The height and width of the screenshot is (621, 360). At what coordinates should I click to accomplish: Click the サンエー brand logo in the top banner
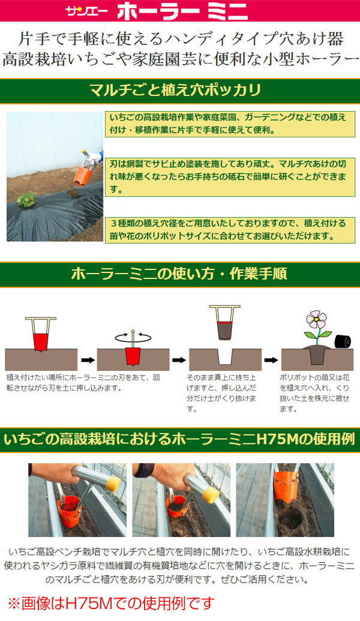87,11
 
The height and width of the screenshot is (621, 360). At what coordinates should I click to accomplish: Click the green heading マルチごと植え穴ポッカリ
175,90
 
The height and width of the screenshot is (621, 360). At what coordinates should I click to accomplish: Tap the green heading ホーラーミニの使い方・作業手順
179,274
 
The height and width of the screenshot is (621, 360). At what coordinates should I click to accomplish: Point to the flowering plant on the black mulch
27,199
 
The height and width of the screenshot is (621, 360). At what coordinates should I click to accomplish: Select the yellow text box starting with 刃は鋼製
230,176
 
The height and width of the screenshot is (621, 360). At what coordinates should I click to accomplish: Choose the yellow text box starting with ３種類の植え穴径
230,230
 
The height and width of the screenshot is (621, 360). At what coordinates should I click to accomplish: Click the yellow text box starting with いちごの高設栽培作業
230,124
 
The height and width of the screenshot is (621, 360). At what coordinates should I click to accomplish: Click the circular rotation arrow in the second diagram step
133,337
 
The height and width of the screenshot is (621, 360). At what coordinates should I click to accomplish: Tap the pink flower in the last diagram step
317,319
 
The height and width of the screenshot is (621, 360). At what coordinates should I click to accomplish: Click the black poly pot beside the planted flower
343,341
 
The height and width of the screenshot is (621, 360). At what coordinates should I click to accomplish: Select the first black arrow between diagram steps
88,360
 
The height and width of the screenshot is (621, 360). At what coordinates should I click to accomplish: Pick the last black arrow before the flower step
271,360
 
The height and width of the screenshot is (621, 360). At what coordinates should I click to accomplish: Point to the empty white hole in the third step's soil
226,356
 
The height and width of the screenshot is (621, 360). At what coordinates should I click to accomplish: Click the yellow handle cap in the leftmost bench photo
112,484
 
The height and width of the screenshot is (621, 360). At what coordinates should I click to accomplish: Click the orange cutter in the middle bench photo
175,506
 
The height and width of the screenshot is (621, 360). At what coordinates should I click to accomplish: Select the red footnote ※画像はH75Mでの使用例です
111,604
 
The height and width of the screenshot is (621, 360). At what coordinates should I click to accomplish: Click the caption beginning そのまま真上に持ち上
222,393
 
